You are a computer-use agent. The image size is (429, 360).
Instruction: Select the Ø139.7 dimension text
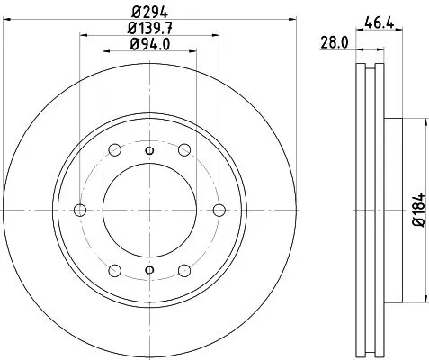click(150, 28)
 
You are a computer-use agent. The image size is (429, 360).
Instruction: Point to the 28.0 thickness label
click(335, 41)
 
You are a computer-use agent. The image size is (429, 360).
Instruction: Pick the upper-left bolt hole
click(115, 149)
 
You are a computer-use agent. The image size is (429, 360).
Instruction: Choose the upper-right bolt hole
click(184, 149)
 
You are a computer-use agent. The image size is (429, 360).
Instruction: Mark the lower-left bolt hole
click(115, 270)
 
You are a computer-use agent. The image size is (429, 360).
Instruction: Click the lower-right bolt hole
click(184, 270)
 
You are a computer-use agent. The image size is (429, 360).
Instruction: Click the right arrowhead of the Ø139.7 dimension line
click(218, 36)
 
